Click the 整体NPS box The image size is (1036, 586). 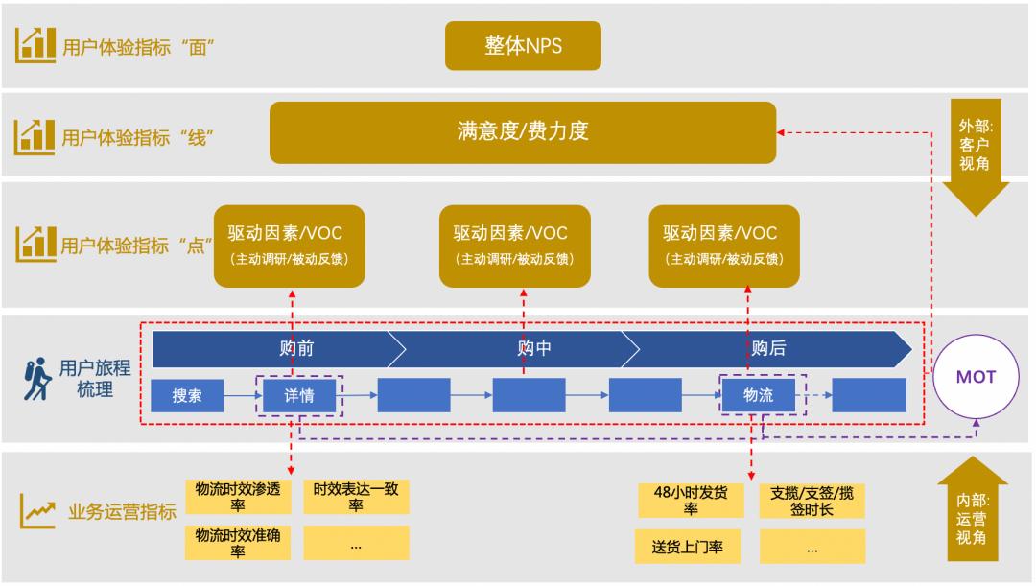click(523, 46)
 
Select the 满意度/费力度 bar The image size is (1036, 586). click(522, 132)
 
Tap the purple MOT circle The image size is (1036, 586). click(976, 377)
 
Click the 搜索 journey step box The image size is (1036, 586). click(187, 395)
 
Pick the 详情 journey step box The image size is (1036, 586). click(299, 395)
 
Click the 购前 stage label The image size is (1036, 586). click(296, 348)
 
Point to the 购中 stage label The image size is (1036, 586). click(534, 348)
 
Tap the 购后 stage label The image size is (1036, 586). click(768, 348)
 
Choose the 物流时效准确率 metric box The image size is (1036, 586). click(238, 543)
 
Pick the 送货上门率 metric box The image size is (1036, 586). click(691, 546)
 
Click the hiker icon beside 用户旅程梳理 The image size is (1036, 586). click(36, 378)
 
